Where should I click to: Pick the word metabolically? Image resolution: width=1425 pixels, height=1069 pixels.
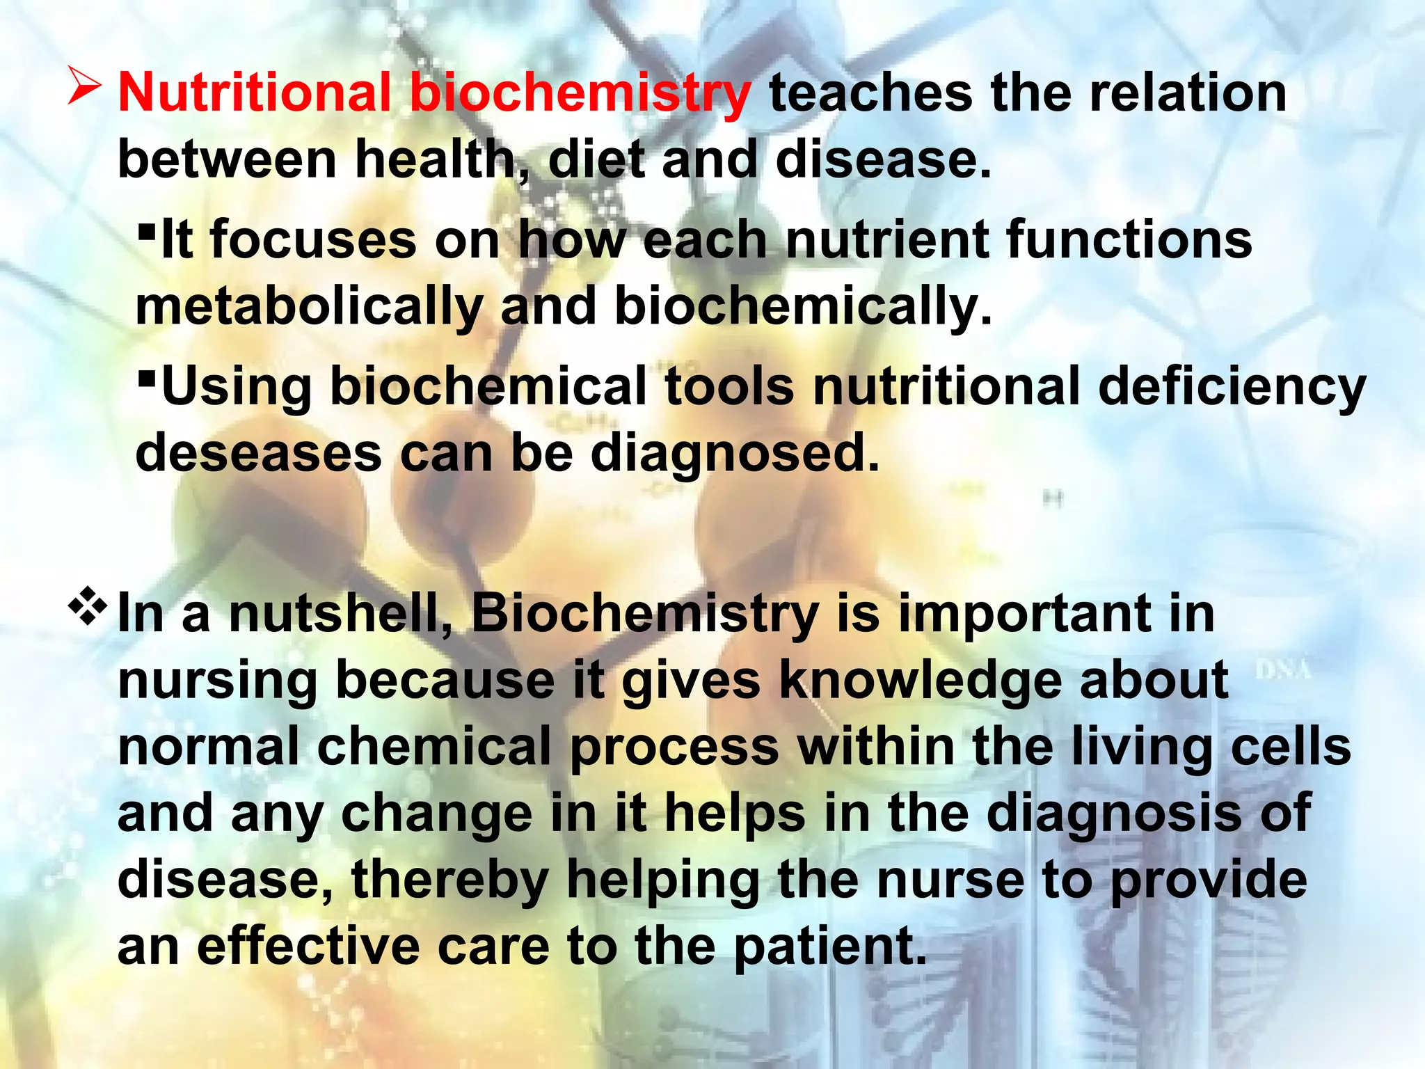click(309, 306)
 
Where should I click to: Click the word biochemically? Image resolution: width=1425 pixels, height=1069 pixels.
click(803, 306)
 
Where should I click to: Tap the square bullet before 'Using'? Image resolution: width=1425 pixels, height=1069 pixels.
click(146, 378)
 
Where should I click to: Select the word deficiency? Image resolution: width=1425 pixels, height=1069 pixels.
click(1232, 387)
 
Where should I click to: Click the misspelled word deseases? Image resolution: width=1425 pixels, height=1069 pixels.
click(258, 453)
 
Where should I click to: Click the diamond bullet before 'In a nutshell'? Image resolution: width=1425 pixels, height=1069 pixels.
click(88, 605)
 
